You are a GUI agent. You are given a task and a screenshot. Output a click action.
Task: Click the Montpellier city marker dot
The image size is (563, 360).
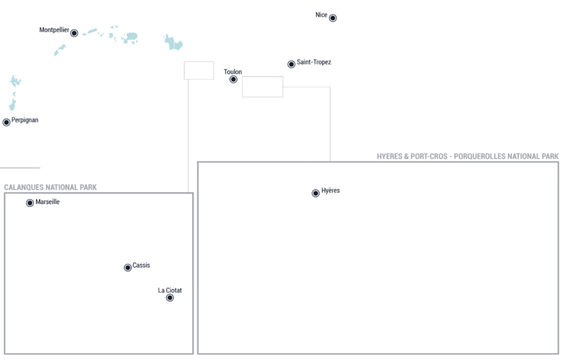(74, 33)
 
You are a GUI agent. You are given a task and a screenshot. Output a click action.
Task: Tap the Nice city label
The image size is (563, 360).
(321, 15)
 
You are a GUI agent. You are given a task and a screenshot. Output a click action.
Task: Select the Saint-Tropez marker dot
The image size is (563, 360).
(291, 65)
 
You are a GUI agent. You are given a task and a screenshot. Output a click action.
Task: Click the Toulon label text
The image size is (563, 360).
(232, 72)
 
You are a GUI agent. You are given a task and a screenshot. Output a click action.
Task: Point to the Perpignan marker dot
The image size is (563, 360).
(7, 122)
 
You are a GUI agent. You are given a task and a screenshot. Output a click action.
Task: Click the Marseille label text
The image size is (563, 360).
(48, 202)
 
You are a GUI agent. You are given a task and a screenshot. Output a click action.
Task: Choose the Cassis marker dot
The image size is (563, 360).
(128, 268)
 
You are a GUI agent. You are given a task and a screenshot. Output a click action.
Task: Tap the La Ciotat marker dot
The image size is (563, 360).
(170, 298)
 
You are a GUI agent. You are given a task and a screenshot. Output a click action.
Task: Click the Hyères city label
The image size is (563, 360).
(331, 191)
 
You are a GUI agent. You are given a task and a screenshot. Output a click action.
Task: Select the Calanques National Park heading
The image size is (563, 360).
(51, 187)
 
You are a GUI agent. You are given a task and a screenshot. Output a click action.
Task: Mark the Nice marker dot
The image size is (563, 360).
(333, 18)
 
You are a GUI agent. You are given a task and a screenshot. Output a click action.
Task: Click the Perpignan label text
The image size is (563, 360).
(25, 120)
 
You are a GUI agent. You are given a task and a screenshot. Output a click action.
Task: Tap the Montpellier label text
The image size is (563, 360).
(54, 30)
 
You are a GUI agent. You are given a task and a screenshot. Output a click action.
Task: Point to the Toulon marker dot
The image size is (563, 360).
(233, 79)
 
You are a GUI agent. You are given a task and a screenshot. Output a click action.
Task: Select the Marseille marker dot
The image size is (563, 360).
(30, 203)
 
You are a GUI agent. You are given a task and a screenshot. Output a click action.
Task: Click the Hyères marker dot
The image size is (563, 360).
(316, 194)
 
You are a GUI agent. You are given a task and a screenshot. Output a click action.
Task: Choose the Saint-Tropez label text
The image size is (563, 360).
(314, 62)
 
